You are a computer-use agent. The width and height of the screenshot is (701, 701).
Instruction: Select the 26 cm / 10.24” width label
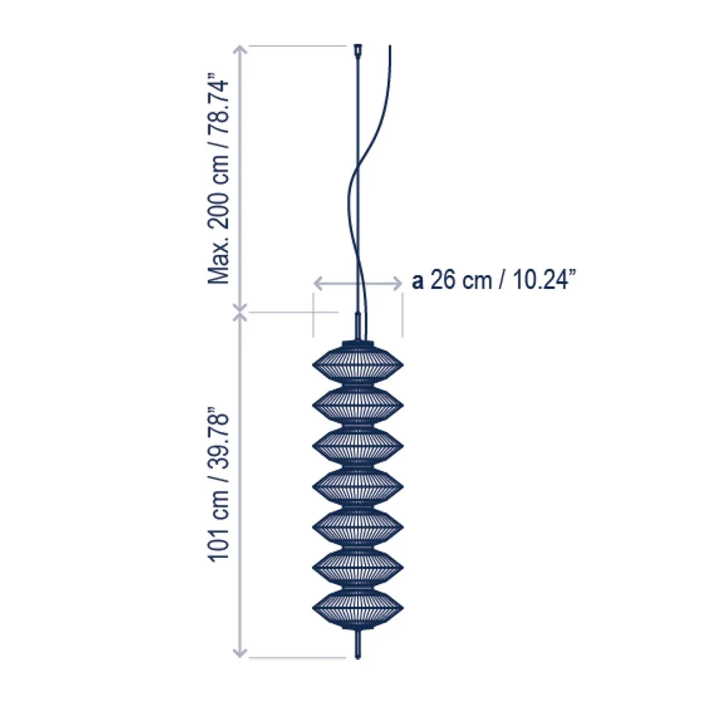(492, 281)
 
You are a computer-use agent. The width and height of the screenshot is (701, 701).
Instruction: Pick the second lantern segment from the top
(357, 405)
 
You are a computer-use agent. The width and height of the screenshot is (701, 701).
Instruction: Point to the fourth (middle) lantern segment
(357, 487)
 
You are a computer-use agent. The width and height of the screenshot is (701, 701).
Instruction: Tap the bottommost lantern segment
(357, 609)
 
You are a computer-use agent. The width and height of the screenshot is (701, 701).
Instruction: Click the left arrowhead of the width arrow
(318, 281)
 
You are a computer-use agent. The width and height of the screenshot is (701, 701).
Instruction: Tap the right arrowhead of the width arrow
(398, 281)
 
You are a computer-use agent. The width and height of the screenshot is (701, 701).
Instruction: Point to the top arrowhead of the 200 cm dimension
(240, 50)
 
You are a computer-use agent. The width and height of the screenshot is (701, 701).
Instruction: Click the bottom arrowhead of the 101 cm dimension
(240, 652)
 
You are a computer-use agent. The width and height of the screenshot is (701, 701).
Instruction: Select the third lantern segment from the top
(357, 446)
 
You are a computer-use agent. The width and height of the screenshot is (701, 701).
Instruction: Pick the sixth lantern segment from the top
(357, 568)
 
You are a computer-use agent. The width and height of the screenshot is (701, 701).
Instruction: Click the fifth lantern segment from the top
(357, 527)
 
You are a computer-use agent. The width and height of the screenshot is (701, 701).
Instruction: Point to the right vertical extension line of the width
(402, 315)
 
